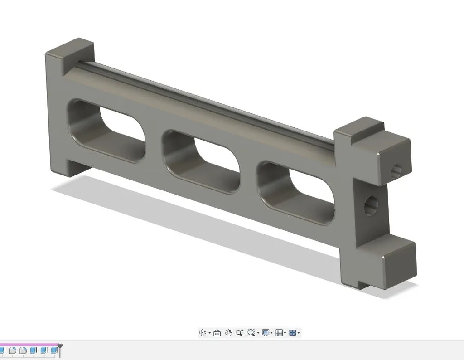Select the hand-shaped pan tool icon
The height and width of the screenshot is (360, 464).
[228, 333]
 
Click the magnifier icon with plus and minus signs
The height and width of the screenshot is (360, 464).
[240, 333]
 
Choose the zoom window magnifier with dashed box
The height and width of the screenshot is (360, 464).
[251, 333]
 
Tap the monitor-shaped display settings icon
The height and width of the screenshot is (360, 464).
[266, 333]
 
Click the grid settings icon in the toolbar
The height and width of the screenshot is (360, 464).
[279, 333]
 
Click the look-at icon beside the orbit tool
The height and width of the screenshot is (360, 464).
[217, 333]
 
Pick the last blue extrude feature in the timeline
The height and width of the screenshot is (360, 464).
[54, 350]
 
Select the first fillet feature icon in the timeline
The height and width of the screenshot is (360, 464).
[13, 350]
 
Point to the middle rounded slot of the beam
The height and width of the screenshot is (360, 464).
[202, 161]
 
